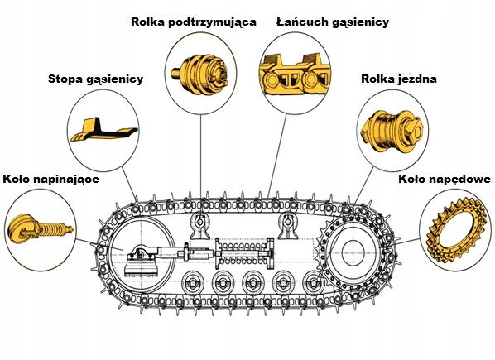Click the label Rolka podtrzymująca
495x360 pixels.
pos(194,22)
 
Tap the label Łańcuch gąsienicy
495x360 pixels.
pos(333,22)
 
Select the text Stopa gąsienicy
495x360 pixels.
pos(96,79)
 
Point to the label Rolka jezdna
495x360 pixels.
pos(399,79)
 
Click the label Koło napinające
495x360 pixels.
pos(50,180)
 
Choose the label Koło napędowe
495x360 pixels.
pos(445,180)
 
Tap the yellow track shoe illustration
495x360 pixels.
pos(103,129)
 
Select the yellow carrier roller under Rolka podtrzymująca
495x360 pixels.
pos(200,74)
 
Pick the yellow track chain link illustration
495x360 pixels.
pos(295,74)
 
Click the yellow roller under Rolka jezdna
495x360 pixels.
pos(392,130)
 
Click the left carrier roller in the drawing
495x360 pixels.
pos(200,226)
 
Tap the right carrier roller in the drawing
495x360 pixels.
pos(287,226)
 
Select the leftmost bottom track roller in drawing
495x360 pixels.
pos(192,283)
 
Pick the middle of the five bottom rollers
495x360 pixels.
pos(252,283)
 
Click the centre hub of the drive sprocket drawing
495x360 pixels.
pos(353,252)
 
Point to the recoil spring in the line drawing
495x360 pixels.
pos(243,253)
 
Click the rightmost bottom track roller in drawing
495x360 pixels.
pos(313,283)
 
